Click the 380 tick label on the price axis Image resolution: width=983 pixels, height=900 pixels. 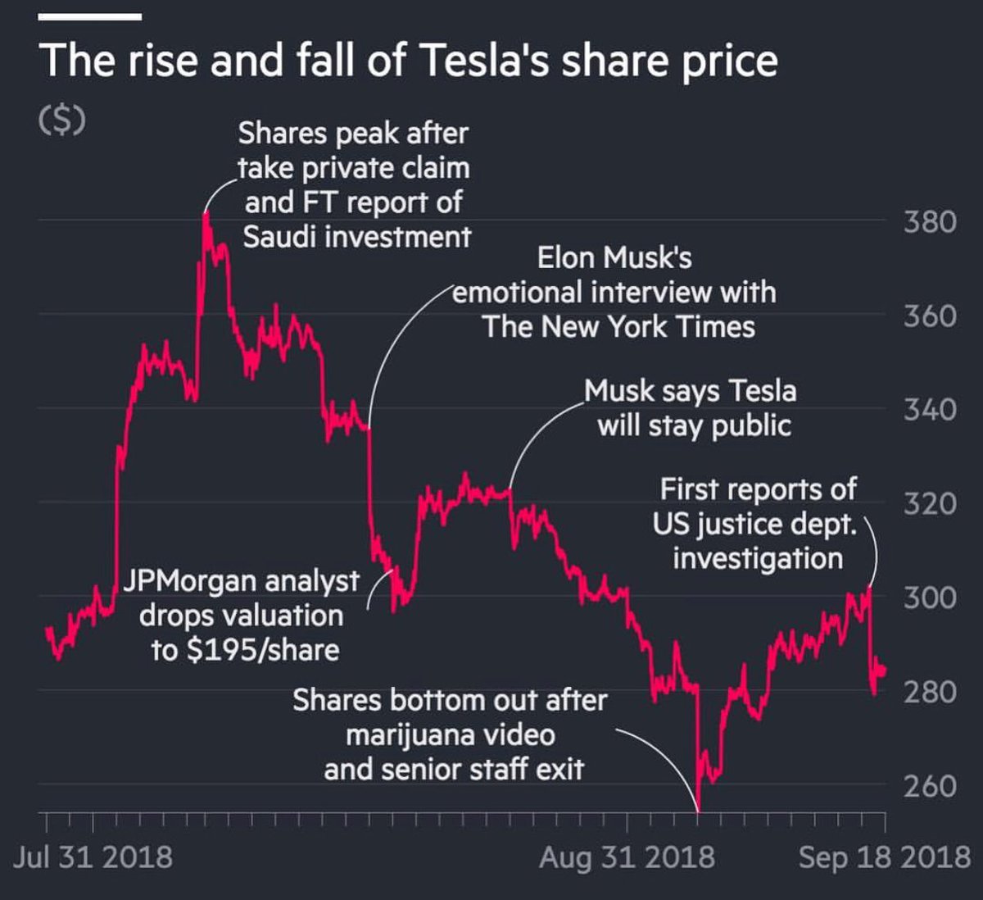point(930,221)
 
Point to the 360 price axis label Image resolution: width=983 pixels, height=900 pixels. point(930,316)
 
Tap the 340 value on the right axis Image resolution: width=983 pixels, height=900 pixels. point(930,409)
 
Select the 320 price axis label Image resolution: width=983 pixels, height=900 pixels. point(930,503)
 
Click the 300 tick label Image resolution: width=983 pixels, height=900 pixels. point(930,598)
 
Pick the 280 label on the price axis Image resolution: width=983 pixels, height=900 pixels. point(930,692)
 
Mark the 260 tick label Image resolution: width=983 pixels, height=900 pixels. point(930,786)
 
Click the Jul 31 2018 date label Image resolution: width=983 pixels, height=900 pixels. point(93,857)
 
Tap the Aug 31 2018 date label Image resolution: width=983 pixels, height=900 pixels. point(627,857)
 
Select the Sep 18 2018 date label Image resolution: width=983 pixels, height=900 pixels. point(884,857)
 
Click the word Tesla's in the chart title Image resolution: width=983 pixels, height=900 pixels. point(484,61)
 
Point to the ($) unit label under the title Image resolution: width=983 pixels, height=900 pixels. point(62,120)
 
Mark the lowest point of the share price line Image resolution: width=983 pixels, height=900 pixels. point(699,808)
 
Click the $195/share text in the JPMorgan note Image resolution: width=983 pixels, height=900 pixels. point(262,650)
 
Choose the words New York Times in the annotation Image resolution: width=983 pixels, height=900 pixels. point(648,327)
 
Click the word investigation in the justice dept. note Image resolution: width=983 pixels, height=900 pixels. point(758,558)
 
